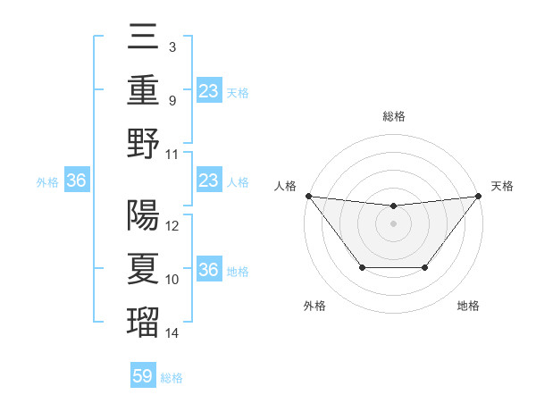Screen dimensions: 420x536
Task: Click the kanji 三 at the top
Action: (144, 37)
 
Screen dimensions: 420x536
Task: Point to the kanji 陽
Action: (144, 215)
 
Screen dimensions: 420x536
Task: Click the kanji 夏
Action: (144, 269)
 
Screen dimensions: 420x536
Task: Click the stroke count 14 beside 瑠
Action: (172, 333)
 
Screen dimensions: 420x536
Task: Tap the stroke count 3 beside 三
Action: (172, 46)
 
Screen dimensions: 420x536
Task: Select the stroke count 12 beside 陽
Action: (172, 226)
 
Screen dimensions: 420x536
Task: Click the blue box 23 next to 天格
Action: (208, 91)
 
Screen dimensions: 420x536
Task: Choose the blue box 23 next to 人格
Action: (208, 181)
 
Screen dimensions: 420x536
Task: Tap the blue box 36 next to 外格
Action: (77, 181)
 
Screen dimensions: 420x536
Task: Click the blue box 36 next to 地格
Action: (208, 271)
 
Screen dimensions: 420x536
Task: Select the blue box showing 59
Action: (143, 376)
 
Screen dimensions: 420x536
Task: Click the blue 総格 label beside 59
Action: (172, 378)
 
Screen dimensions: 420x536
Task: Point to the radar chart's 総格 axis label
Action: (393, 116)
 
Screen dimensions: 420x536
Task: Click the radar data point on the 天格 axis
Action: (479, 196)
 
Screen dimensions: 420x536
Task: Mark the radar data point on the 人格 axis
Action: (308, 196)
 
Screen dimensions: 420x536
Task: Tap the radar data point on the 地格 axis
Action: (425, 267)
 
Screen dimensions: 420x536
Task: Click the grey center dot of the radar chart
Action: (393, 223)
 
